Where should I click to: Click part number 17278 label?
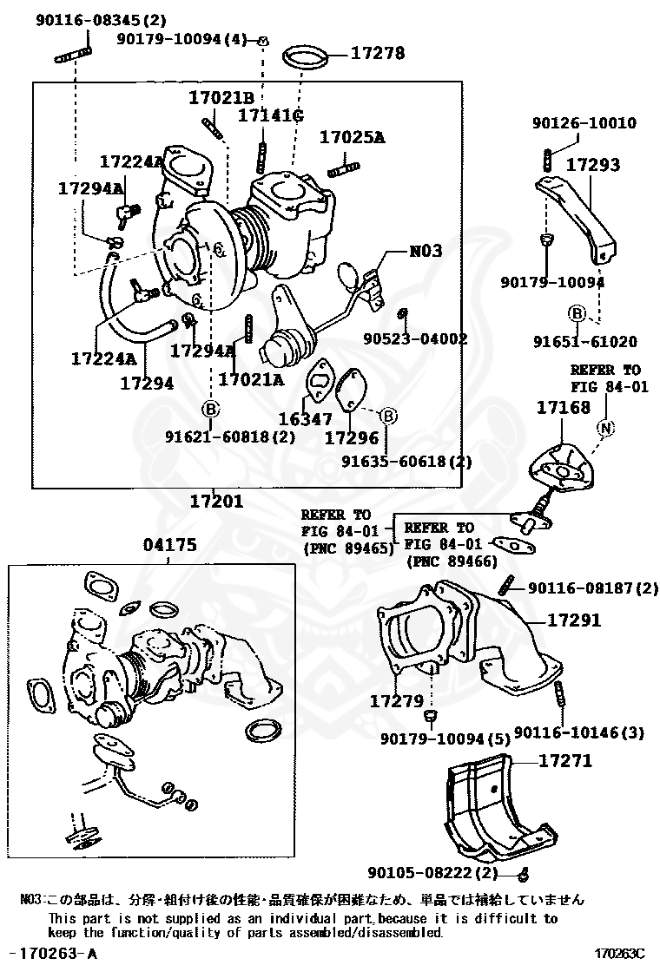(x=378, y=53)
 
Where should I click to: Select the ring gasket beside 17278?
(x=306, y=58)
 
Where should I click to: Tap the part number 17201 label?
(x=216, y=501)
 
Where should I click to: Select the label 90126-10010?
(x=584, y=123)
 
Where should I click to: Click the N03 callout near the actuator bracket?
(x=426, y=251)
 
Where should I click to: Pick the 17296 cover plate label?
(x=352, y=438)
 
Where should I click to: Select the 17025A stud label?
(x=352, y=137)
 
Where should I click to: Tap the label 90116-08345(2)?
(x=89, y=19)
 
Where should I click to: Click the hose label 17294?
(x=146, y=381)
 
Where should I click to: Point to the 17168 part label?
(x=563, y=407)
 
